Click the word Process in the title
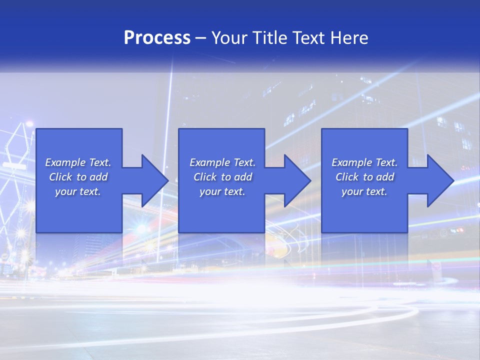click(x=157, y=38)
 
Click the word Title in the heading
click(x=269, y=38)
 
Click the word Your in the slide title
click(x=229, y=38)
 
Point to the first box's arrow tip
click(x=167, y=180)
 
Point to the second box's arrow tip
click(x=310, y=180)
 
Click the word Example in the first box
click(x=65, y=162)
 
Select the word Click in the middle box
click(x=205, y=177)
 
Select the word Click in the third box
click(x=347, y=177)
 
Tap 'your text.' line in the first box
click(x=78, y=191)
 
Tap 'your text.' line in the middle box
click(x=222, y=191)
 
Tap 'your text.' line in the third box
click(x=364, y=191)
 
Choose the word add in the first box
click(x=98, y=177)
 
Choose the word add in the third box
click(x=385, y=177)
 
